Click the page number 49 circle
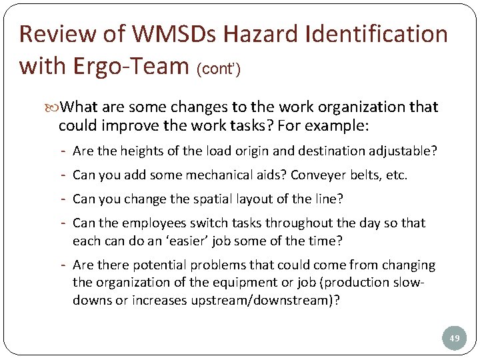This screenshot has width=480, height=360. coord(455,339)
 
